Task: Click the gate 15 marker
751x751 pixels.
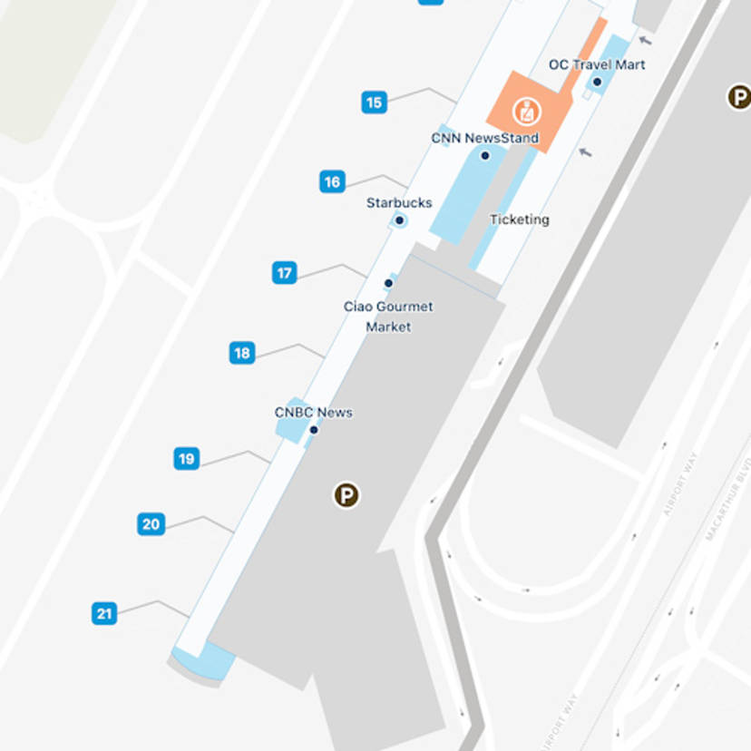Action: (374, 102)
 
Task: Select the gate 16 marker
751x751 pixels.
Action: (332, 182)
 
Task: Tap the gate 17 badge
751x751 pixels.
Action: (285, 273)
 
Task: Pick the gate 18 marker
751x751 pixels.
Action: (241, 353)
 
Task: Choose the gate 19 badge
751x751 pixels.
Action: (187, 459)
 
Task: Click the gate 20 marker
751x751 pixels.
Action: (151, 524)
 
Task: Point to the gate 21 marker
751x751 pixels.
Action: (104, 614)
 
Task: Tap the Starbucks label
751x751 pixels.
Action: (399, 203)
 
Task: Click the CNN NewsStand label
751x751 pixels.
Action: (484, 139)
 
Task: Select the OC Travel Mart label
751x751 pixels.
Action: (597, 65)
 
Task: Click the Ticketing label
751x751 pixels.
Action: (519, 219)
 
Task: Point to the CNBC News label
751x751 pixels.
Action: (314, 413)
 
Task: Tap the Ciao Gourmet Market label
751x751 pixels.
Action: (388, 317)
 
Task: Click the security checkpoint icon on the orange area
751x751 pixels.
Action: (525, 112)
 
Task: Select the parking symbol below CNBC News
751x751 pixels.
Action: (346, 495)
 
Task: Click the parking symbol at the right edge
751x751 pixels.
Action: (739, 97)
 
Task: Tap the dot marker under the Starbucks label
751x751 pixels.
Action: (399, 220)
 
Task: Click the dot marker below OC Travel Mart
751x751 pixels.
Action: (597, 83)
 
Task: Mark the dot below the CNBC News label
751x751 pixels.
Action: (314, 429)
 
